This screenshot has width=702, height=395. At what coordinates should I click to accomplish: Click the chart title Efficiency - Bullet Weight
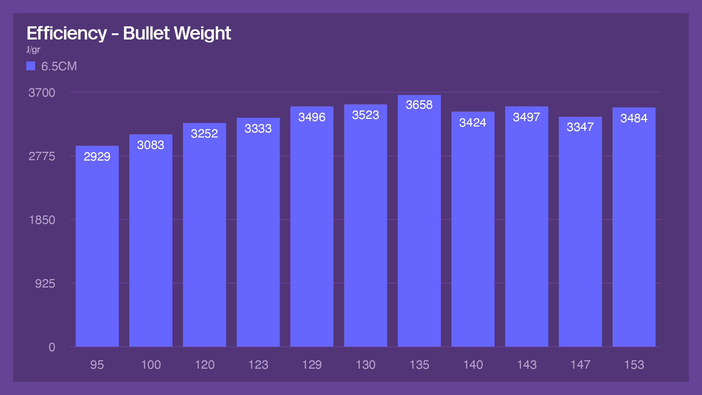[x=129, y=33]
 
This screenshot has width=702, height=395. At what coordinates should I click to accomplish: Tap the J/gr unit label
[x=33, y=50]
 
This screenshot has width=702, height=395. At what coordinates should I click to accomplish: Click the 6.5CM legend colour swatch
[x=31, y=66]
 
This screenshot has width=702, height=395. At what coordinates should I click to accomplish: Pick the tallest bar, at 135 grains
[x=419, y=227]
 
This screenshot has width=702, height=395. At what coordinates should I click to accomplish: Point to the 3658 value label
[x=419, y=105]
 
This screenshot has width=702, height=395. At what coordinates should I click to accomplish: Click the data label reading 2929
[x=97, y=157]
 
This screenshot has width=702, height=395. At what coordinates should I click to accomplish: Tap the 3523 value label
[x=365, y=115]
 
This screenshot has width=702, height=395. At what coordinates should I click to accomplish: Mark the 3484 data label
[x=634, y=118]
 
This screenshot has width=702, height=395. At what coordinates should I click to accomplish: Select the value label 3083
[x=151, y=145]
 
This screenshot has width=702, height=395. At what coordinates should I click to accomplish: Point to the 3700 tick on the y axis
[x=42, y=93]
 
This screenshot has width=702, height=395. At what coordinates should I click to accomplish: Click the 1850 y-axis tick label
[x=42, y=220]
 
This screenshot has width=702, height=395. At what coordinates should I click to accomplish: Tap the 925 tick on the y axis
[x=45, y=283]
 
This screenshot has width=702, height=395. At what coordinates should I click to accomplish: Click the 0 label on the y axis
[x=52, y=347]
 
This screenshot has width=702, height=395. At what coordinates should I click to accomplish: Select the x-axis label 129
[x=312, y=365]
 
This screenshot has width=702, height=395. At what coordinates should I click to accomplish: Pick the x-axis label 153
[x=634, y=365]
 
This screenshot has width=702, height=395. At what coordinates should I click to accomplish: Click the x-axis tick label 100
[x=151, y=365]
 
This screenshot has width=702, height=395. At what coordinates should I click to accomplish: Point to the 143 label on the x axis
[x=526, y=365]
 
